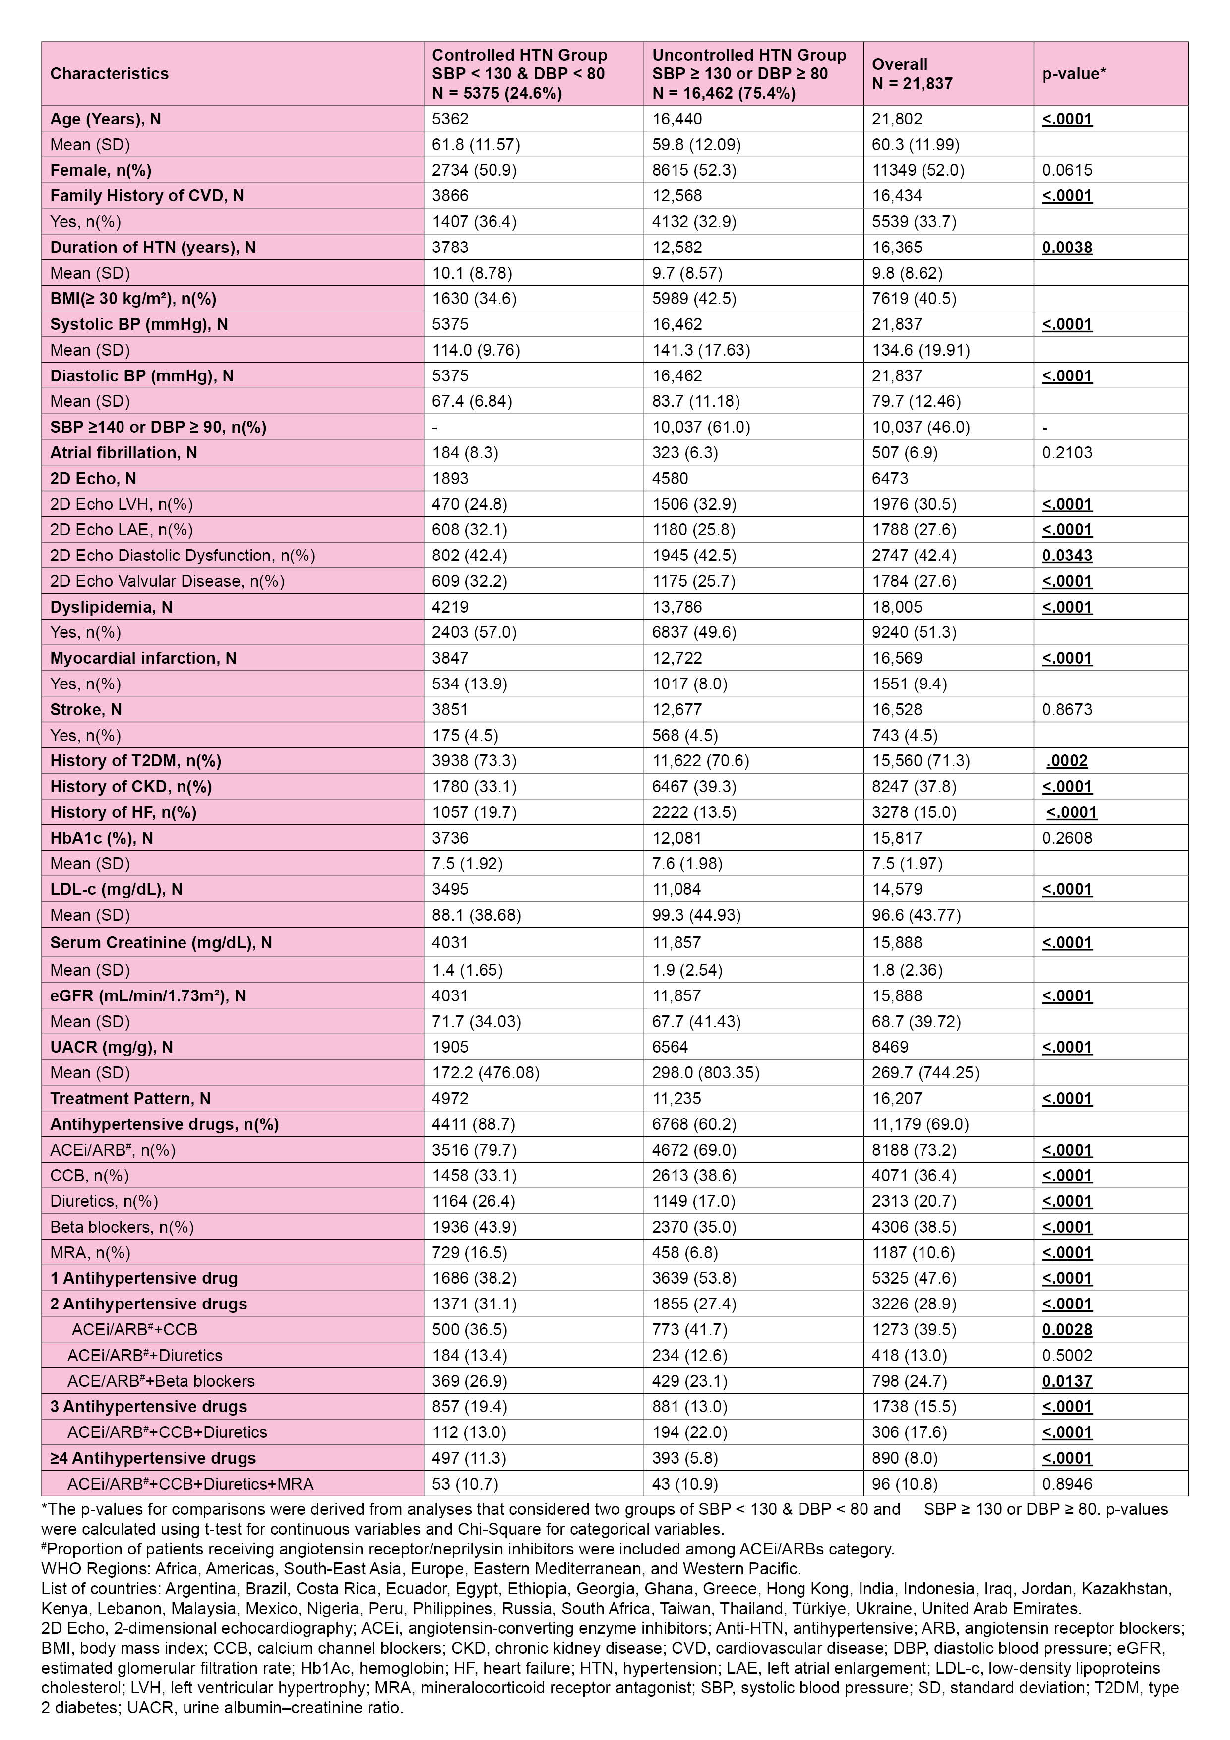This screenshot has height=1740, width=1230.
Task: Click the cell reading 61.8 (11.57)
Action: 475,144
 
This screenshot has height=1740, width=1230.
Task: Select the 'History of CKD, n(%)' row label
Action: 131,787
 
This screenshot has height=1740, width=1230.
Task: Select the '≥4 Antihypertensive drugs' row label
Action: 153,1458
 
